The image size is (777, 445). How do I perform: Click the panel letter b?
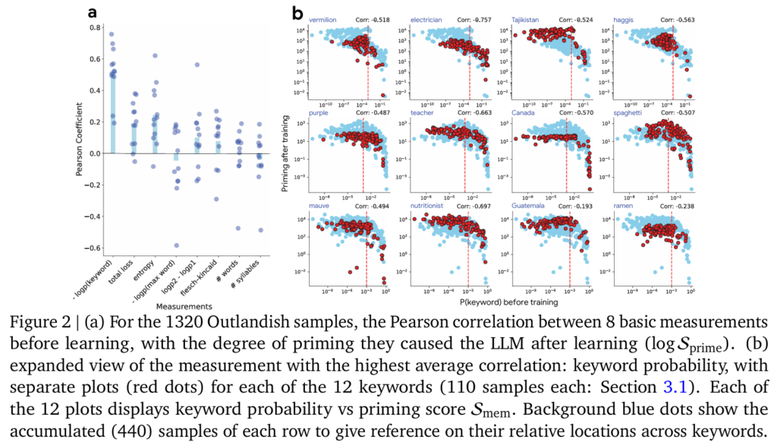coord(298,13)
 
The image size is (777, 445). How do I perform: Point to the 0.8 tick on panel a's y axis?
coord(96,27)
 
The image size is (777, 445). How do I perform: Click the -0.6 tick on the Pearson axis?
coord(95,248)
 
